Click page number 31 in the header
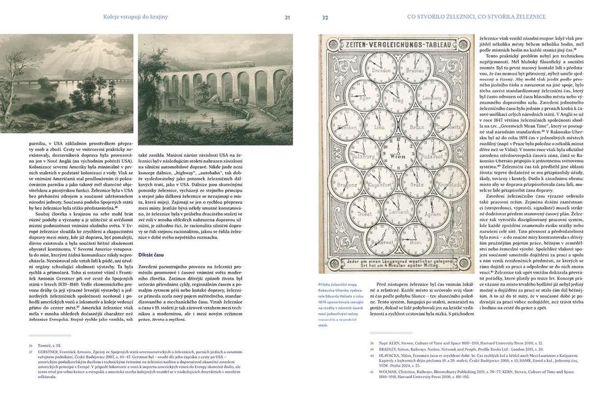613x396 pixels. pyautogui.click(x=287, y=17)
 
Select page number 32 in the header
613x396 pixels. pyautogui.click(x=326, y=17)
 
